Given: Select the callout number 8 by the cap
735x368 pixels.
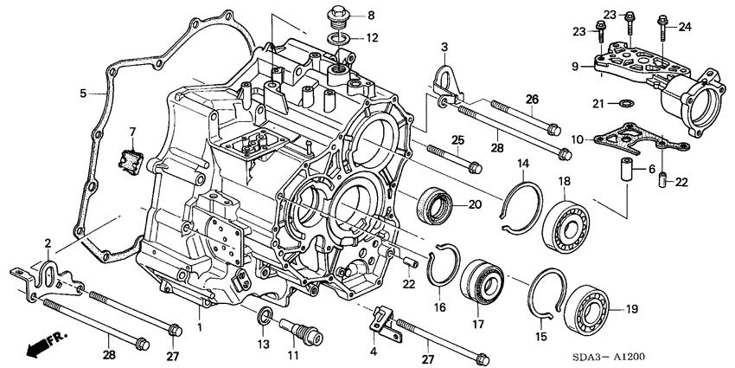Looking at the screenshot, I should [x=370, y=16].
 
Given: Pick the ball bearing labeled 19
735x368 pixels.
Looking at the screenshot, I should [x=591, y=309].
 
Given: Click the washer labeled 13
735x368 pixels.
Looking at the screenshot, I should [x=263, y=313].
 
